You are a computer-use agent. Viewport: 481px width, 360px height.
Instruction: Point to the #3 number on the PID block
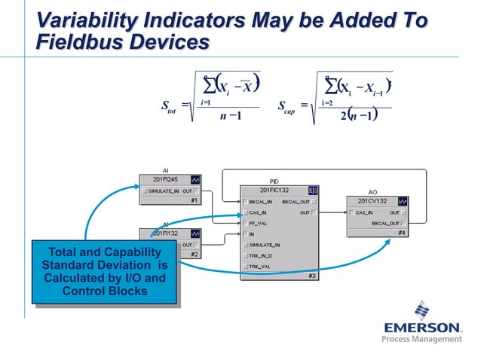click(x=312, y=276)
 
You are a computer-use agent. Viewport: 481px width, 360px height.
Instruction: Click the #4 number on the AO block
click(x=404, y=233)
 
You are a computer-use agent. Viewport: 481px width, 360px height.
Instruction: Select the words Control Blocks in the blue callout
click(x=105, y=291)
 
